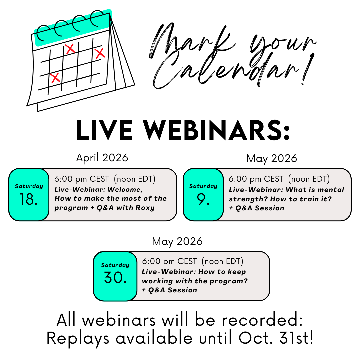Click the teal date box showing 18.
tap(29, 195)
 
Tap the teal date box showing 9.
tap(203, 195)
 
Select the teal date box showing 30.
tap(115, 276)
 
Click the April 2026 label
tap(102, 158)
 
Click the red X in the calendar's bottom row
tap(56, 78)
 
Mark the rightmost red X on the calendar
tap(100, 53)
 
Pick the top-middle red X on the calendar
tap(70, 49)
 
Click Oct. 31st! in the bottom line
tap(276, 338)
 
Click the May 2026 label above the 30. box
tap(177, 241)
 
